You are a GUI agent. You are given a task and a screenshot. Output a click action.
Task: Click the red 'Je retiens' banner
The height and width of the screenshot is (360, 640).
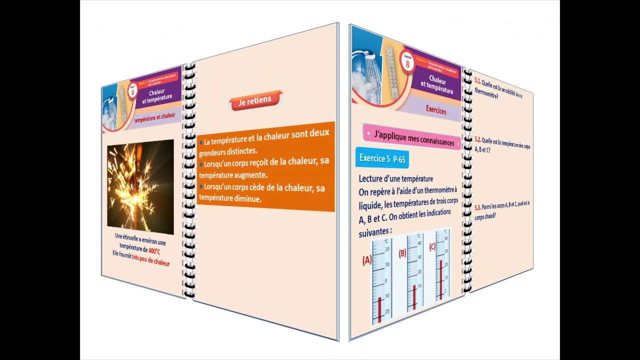pyautogui.click(x=255, y=101)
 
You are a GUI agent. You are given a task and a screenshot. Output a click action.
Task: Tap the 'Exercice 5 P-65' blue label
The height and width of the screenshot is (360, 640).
pyautogui.click(x=382, y=158)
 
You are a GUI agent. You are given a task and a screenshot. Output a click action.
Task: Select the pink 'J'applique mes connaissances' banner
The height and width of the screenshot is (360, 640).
pyautogui.click(x=411, y=139)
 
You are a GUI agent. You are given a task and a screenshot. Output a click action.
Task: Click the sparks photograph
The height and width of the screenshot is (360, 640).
pyautogui.click(x=140, y=186)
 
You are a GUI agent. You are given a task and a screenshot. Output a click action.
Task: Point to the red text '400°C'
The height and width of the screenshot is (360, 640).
pyautogui.click(x=154, y=251)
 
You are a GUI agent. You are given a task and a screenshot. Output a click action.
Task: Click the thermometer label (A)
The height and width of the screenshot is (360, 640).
pyautogui.click(x=367, y=260)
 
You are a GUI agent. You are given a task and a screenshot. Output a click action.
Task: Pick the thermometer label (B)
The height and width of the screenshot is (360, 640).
pyautogui.click(x=402, y=253)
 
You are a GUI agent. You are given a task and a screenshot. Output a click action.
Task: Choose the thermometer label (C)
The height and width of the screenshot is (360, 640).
pyautogui.click(x=432, y=246)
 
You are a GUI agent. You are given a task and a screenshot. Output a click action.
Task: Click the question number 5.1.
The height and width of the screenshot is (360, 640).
pyautogui.click(x=477, y=80)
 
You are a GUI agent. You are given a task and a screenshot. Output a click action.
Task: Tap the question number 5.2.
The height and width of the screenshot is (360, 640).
pyautogui.click(x=477, y=139)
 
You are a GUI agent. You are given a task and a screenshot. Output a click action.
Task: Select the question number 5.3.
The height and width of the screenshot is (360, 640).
pyautogui.click(x=477, y=206)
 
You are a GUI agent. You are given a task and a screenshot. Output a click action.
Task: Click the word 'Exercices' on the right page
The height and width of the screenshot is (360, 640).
pyautogui.click(x=436, y=110)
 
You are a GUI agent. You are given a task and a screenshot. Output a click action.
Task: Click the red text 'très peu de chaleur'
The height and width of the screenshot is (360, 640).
pyautogui.click(x=150, y=261)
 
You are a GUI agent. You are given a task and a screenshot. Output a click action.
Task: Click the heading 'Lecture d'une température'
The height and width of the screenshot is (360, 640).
pyautogui.click(x=395, y=178)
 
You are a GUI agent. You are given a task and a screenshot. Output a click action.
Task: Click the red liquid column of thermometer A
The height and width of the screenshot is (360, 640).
pyautogui.click(x=380, y=310)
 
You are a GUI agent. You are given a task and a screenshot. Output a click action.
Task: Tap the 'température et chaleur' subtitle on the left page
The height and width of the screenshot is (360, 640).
pyautogui.click(x=154, y=117)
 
